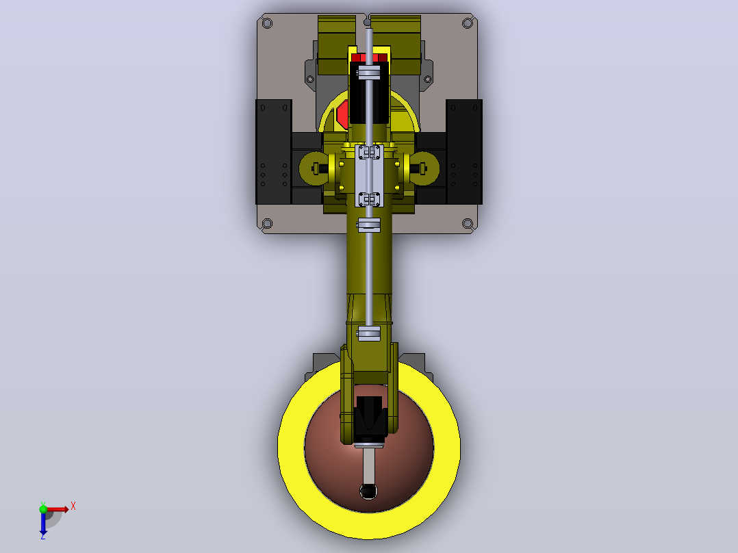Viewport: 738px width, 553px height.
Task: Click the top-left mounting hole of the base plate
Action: point(267,23)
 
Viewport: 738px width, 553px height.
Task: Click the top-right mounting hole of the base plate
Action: point(468,23)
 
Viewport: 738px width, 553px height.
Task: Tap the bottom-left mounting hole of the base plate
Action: point(267,223)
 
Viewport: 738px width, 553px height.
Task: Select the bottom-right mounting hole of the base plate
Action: point(468,224)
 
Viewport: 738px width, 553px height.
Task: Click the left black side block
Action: point(273,151)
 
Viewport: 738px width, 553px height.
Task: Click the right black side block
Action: point(464,151)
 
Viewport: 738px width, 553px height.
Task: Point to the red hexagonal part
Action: point(342,114)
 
